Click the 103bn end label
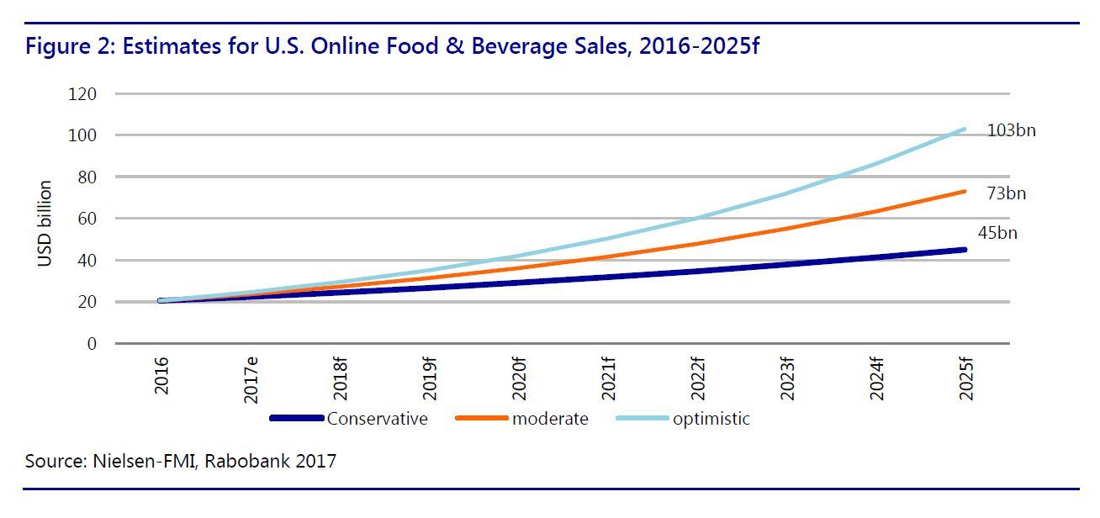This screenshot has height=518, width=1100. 1012,131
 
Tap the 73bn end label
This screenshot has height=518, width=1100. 1007,194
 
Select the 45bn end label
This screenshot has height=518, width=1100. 997,233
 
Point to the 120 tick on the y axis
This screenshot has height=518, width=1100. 82,94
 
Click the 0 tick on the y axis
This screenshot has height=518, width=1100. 91,344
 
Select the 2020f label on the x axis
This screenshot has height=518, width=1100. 519,378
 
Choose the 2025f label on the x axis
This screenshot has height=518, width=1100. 965,378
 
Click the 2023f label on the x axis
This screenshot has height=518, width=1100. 787,378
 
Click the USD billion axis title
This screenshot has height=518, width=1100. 45,224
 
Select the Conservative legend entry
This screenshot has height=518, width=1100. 377,418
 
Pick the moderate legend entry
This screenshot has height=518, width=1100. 550,418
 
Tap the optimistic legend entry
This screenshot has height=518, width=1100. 711,418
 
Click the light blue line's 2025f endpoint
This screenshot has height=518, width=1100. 965,129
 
